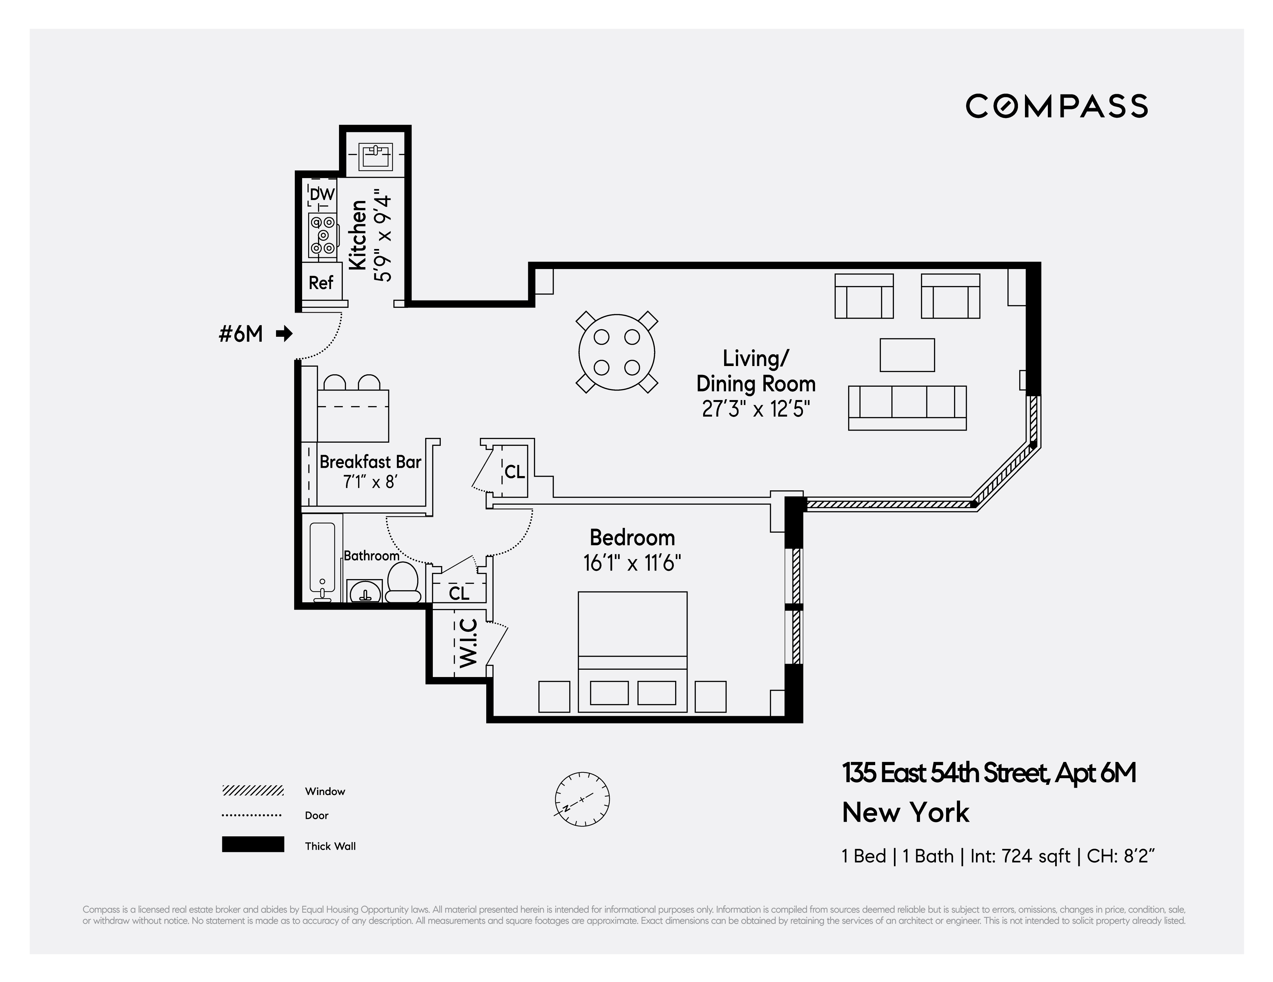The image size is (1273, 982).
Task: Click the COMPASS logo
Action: coord(1056,106)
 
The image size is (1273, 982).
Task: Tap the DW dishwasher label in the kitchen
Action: coord(322,194)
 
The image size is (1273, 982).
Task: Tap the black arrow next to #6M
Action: coord(284,334)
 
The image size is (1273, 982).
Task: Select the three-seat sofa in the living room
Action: coord(907,407)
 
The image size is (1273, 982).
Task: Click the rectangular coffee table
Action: coord(907,355)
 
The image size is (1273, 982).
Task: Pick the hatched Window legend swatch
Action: coord(253,791)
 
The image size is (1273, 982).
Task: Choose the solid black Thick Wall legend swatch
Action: coord(253,844)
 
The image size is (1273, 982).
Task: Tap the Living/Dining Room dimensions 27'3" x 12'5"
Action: coord(756,409)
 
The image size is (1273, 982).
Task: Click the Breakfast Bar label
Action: coord(370,462)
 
